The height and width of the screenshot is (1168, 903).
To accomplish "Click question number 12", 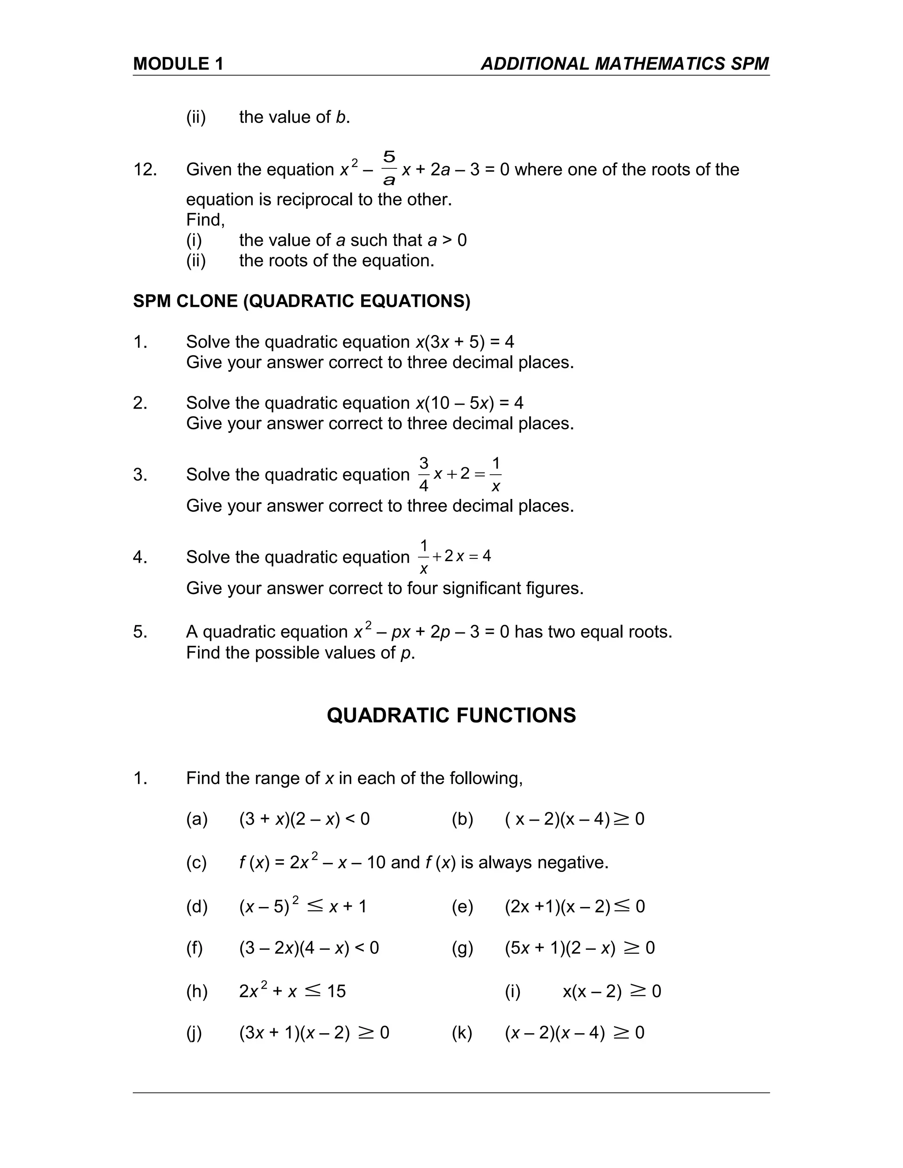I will pyautogui.click(x=145, y=170).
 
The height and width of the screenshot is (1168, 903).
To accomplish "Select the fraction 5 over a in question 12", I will pyautogui.click(x=389, y=168).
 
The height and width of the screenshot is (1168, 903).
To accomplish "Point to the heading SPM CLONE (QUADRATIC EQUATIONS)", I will pyautogui.click(x=301, y=301).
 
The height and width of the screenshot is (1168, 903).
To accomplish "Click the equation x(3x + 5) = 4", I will pyautogui.click(x=465, y=342).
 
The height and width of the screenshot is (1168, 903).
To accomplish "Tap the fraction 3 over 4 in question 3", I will pyautogui.click(x=424, y=474).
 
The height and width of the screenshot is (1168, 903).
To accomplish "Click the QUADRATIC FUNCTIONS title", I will pyautogui.click(x=451, y=715).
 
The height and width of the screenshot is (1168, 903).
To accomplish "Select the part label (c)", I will pyautogui.click(x=196, y=863).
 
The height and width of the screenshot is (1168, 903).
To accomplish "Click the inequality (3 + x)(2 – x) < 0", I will pyautogui.click(x=304, y=819).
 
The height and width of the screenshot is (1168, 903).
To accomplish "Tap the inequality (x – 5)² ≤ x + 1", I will pyautogui.click(x=303, y=907).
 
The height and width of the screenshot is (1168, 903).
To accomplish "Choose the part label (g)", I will pyautogui.click(x=462, y=948).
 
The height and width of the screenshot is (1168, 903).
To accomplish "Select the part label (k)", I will pyautogui.click(x=462, y=1033).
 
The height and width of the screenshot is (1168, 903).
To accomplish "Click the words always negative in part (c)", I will pyautogui.click(x=554, y=863).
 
